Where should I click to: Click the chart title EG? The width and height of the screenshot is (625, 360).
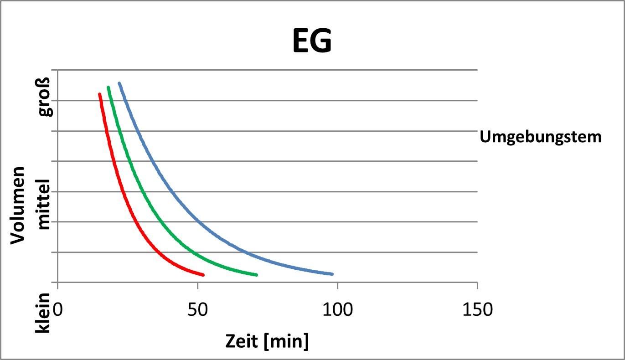coord(312,42)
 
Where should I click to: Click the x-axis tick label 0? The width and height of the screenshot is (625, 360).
coord(57,310)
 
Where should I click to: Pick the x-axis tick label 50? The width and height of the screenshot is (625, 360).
coord(197,310)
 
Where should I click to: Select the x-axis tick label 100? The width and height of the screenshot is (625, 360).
coord(337,310)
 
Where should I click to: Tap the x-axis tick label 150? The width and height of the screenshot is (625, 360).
coord(477,310)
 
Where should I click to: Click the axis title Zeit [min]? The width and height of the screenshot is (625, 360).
coord(267,341)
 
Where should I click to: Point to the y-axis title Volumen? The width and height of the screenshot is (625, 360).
coord(19,205)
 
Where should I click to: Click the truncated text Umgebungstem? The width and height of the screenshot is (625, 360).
coord(541,136)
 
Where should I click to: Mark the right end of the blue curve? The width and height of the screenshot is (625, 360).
coord(332,274)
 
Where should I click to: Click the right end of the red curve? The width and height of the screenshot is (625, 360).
coord(203,275)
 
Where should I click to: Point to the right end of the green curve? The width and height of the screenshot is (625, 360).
coord(257,275)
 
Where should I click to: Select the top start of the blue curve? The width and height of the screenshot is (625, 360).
coord(119,83)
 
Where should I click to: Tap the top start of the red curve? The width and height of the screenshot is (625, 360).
coord(99,94)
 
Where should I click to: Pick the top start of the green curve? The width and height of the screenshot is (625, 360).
coord(108,87)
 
